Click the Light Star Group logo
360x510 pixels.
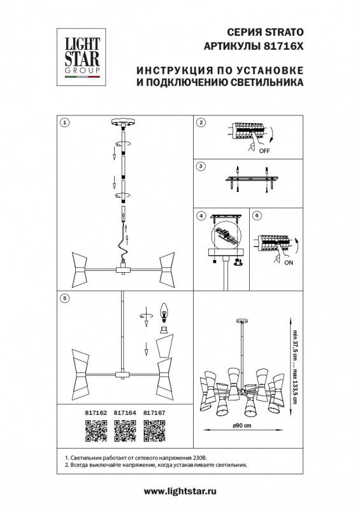pos(82,57)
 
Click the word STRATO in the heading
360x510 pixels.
pos(285,33)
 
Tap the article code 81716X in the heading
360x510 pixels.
pos(282,46)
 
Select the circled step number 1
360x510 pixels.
pos(65,122)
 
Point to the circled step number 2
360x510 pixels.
pos(201,122)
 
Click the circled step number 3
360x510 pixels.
pos(201,166)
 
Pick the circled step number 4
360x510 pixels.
pos(201,215)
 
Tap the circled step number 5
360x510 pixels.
pos(65,298)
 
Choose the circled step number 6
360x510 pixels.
pos(257,215)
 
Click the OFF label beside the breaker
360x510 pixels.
pos(264,151)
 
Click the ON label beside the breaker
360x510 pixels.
pos(289,263)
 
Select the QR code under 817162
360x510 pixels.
pos(96,431)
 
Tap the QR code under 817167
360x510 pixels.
pos(154,431)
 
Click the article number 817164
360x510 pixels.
pos(125,412)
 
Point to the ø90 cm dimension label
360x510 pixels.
pos(242,425)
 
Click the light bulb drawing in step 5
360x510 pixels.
pos(164,313)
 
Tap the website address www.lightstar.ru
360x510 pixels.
pos(180,491)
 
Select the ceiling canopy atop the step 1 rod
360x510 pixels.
pos(123,122)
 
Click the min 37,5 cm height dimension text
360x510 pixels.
pos(295,345)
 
